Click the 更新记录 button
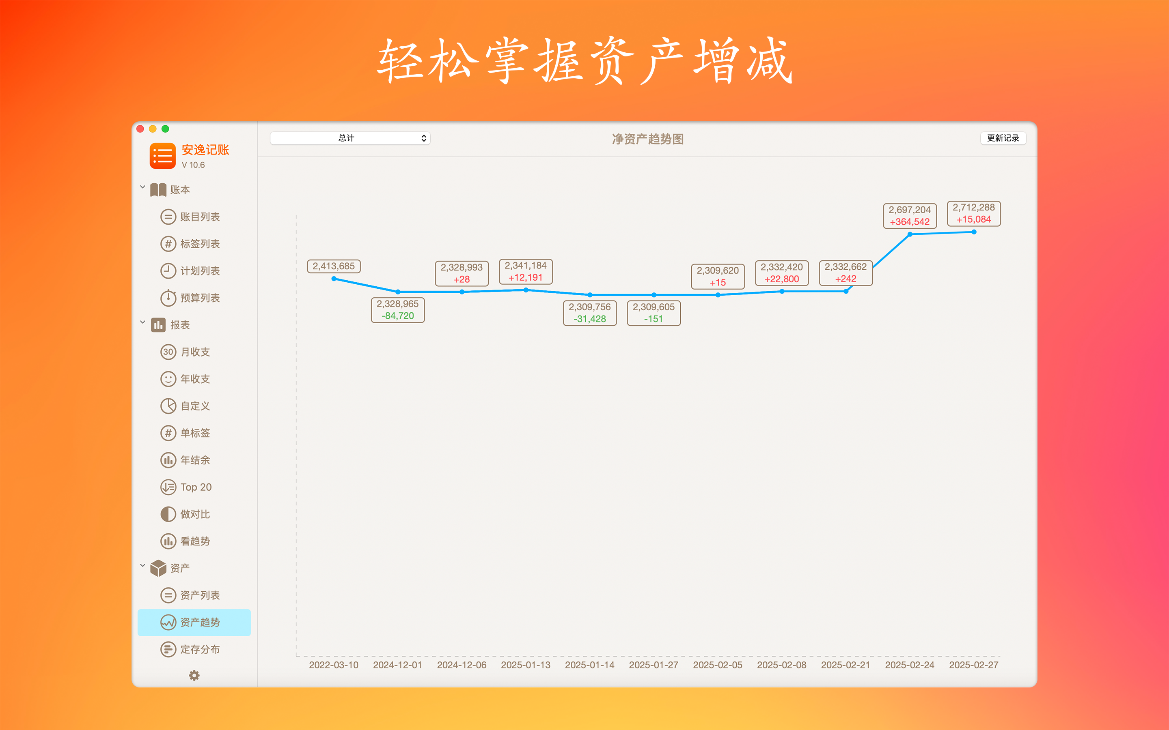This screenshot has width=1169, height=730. (1003, 138)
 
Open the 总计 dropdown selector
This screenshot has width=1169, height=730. (350, 138)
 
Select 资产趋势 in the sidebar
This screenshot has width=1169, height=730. (194, 623)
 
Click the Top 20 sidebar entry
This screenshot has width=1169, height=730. (186, 487)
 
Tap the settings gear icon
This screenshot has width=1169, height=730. (194, 675)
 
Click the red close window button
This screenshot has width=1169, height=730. (140, 129)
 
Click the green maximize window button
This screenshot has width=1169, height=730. (165, 129)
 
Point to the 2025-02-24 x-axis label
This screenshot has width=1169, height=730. (910, 665)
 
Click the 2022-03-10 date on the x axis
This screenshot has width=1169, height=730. (334, 665)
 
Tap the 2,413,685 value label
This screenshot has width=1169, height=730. (334, 266)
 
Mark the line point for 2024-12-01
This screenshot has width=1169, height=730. (397, 292)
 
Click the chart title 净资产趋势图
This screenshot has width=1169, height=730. (648, 139)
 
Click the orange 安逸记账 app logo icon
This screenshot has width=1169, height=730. (163, 156)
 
